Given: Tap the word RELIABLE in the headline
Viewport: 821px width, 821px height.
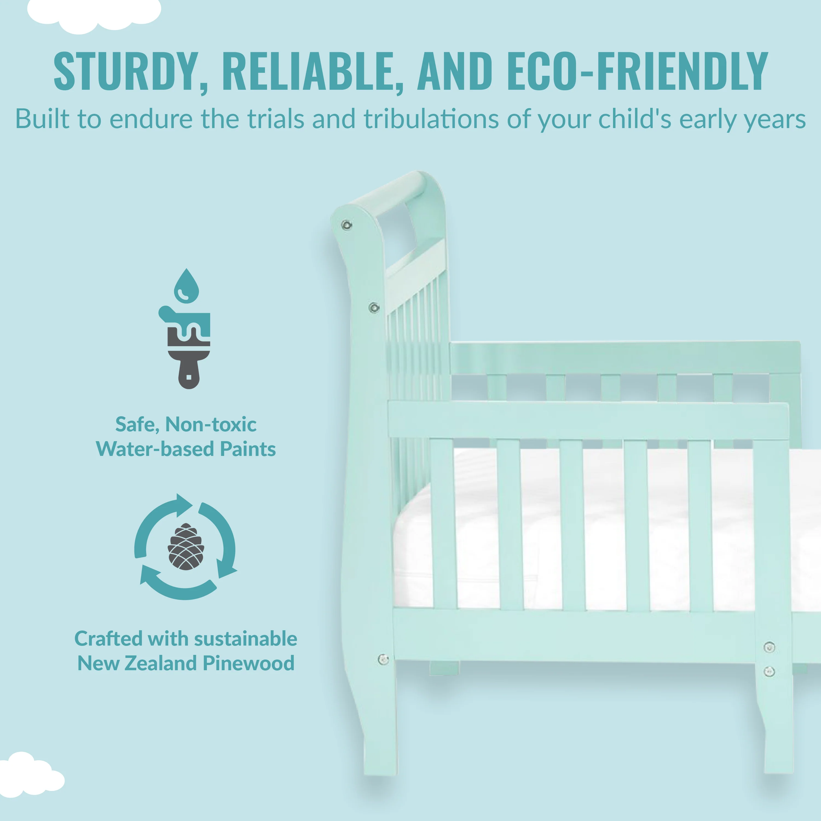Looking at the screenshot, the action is (312, 71).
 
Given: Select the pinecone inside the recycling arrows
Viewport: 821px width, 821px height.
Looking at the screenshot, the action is (186, 546).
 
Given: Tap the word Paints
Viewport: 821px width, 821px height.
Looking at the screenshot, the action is (248, 449).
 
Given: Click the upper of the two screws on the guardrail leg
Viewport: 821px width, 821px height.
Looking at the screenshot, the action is (769, 647).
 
